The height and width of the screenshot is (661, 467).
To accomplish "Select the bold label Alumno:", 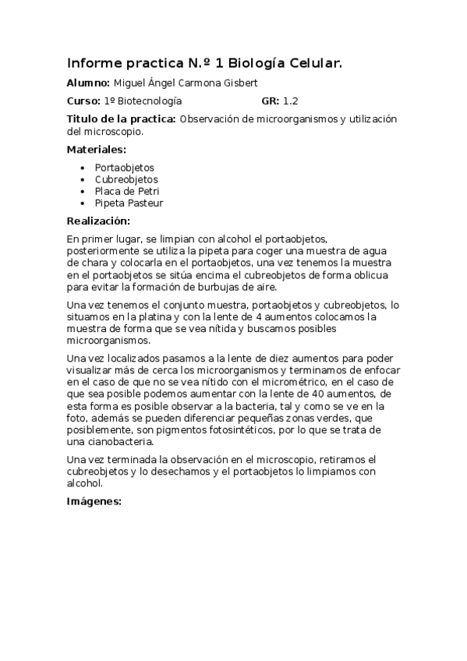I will [x=89, y=83].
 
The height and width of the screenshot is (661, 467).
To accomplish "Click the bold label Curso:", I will [x=83, y=101].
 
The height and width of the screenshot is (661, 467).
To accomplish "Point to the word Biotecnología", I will [x=149, y=101].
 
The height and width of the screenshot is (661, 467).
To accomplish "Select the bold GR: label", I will [x=271, y=101].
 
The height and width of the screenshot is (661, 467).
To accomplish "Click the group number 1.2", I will [x=291, y=101].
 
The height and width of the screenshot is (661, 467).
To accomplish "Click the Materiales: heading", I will [x=97, y=150].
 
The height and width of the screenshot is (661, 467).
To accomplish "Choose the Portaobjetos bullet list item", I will [x=125, y=168].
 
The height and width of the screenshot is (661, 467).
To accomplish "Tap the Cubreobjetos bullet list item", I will [x=126, y=179].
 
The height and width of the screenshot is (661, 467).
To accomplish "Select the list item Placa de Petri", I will [x=127, y=191].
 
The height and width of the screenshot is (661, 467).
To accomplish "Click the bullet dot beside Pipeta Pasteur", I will [x=83, y=203].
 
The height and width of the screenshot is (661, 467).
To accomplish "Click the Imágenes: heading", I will [x=94, y=501].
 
